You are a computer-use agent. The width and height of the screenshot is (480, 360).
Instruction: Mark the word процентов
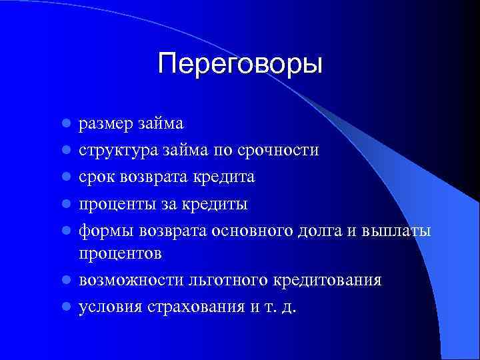[x=120, y=255]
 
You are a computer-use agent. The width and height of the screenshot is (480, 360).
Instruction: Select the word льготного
[x=223, y=281]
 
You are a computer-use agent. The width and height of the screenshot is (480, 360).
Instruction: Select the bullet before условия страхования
[x=66, y=307]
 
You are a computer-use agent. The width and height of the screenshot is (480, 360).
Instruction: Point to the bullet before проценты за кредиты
[x=66, y=203]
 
